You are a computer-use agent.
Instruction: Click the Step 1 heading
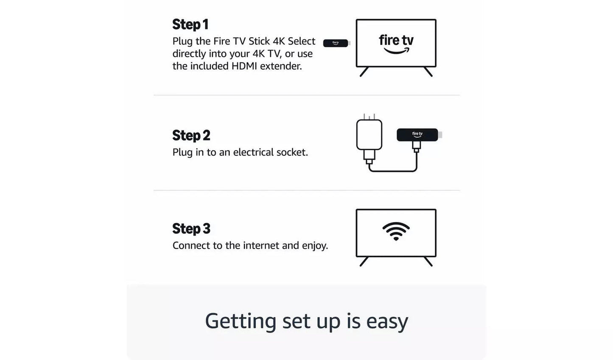point(190,25)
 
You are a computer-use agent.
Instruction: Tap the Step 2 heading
point(191,135)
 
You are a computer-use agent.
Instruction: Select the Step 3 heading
point(191,229)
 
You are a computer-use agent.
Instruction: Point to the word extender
point(281,66)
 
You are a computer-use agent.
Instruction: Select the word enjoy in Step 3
point(314,246)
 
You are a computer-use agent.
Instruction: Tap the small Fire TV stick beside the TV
point(336,43)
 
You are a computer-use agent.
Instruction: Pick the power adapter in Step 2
point(369,135)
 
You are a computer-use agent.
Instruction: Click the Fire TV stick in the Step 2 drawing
point(417,135)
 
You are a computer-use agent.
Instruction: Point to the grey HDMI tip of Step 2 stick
point(440,135)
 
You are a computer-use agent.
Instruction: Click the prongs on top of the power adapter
point(369,116)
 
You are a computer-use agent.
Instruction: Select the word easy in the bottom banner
point(387,321)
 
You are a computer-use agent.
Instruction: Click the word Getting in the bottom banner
point(241,321)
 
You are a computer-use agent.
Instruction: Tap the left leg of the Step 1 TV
point(364,72)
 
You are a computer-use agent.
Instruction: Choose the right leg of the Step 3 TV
point(428,262)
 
